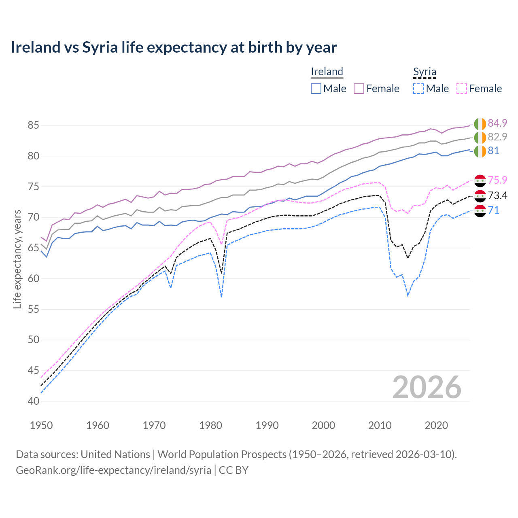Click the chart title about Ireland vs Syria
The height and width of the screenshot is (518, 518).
pos(174,47)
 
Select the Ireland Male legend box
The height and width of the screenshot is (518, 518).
pos(316,89)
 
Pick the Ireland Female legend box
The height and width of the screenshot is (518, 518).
pos(359,89)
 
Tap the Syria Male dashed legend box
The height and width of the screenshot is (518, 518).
pos(418,89)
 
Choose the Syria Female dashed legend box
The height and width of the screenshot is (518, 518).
pos(461,89)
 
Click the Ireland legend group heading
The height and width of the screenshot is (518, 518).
pos(327,72)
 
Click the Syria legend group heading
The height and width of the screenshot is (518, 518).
pos(425,72)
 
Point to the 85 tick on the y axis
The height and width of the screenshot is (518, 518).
pos(33,125)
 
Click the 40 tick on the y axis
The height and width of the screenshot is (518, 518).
pos(33,401)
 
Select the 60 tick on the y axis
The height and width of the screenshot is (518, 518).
pos(33,278)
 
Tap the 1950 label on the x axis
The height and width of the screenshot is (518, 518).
pos(41,425)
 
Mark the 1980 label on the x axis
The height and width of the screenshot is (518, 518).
pos(210,425)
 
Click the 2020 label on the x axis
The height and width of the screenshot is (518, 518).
pos(436,425)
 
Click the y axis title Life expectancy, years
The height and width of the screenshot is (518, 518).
pos(17,259)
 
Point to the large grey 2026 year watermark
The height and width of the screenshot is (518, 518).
pos(427,387)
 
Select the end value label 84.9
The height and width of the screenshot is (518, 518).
pos(497,123)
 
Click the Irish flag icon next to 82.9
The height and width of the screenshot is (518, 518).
pos(480,138)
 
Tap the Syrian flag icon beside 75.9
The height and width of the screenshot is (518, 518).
pos(480,181)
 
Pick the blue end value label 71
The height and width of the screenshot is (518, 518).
pos(493,210)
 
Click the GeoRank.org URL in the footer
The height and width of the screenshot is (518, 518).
pos(113,470)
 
